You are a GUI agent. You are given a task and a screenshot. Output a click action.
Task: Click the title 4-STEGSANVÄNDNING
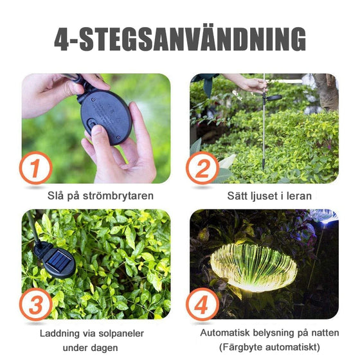[180, 40]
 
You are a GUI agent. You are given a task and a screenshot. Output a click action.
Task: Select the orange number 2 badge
[203, 168]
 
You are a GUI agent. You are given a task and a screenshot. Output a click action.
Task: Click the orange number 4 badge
[203, 304]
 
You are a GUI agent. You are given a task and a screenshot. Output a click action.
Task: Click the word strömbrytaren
[121, 195]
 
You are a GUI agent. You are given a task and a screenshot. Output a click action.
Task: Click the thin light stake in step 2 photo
[264, 135]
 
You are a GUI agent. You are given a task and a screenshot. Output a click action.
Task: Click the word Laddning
[60, 333]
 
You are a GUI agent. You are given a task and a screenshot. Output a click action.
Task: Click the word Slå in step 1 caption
[56, 195]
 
